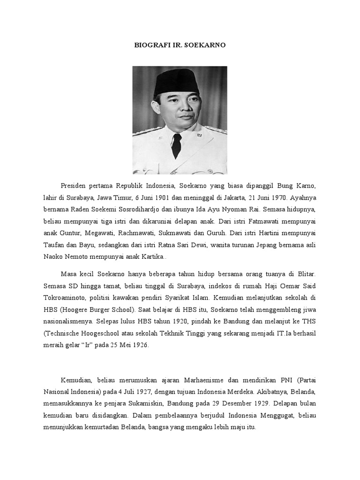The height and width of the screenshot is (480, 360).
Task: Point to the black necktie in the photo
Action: pos(176,145)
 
